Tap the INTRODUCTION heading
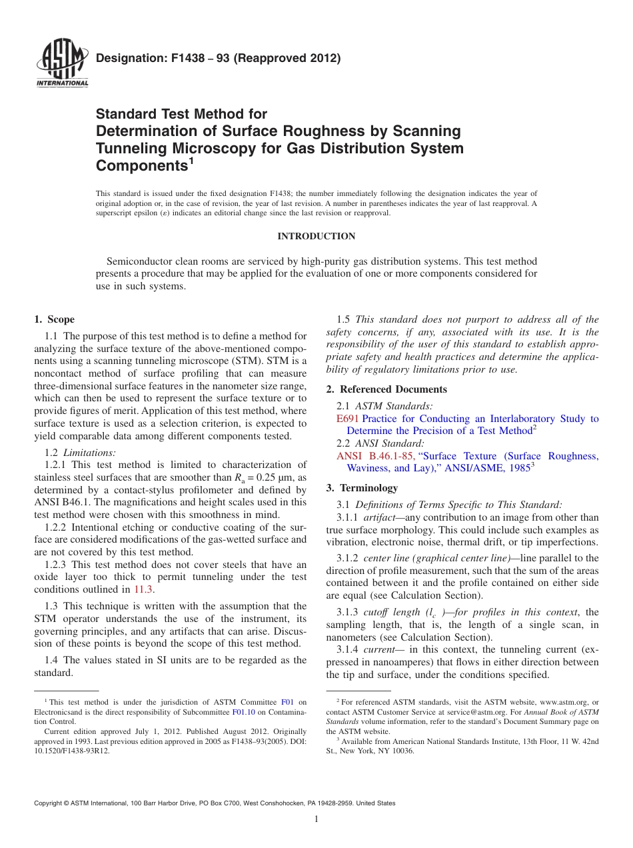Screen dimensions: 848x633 tap(316, 236)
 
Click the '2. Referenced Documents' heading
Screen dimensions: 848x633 tap(386, 389)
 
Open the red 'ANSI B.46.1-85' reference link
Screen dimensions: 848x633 tap(376, 456)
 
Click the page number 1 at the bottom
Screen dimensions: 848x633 tap(316, 819)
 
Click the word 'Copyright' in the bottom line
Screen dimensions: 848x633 tap(52, 803)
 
